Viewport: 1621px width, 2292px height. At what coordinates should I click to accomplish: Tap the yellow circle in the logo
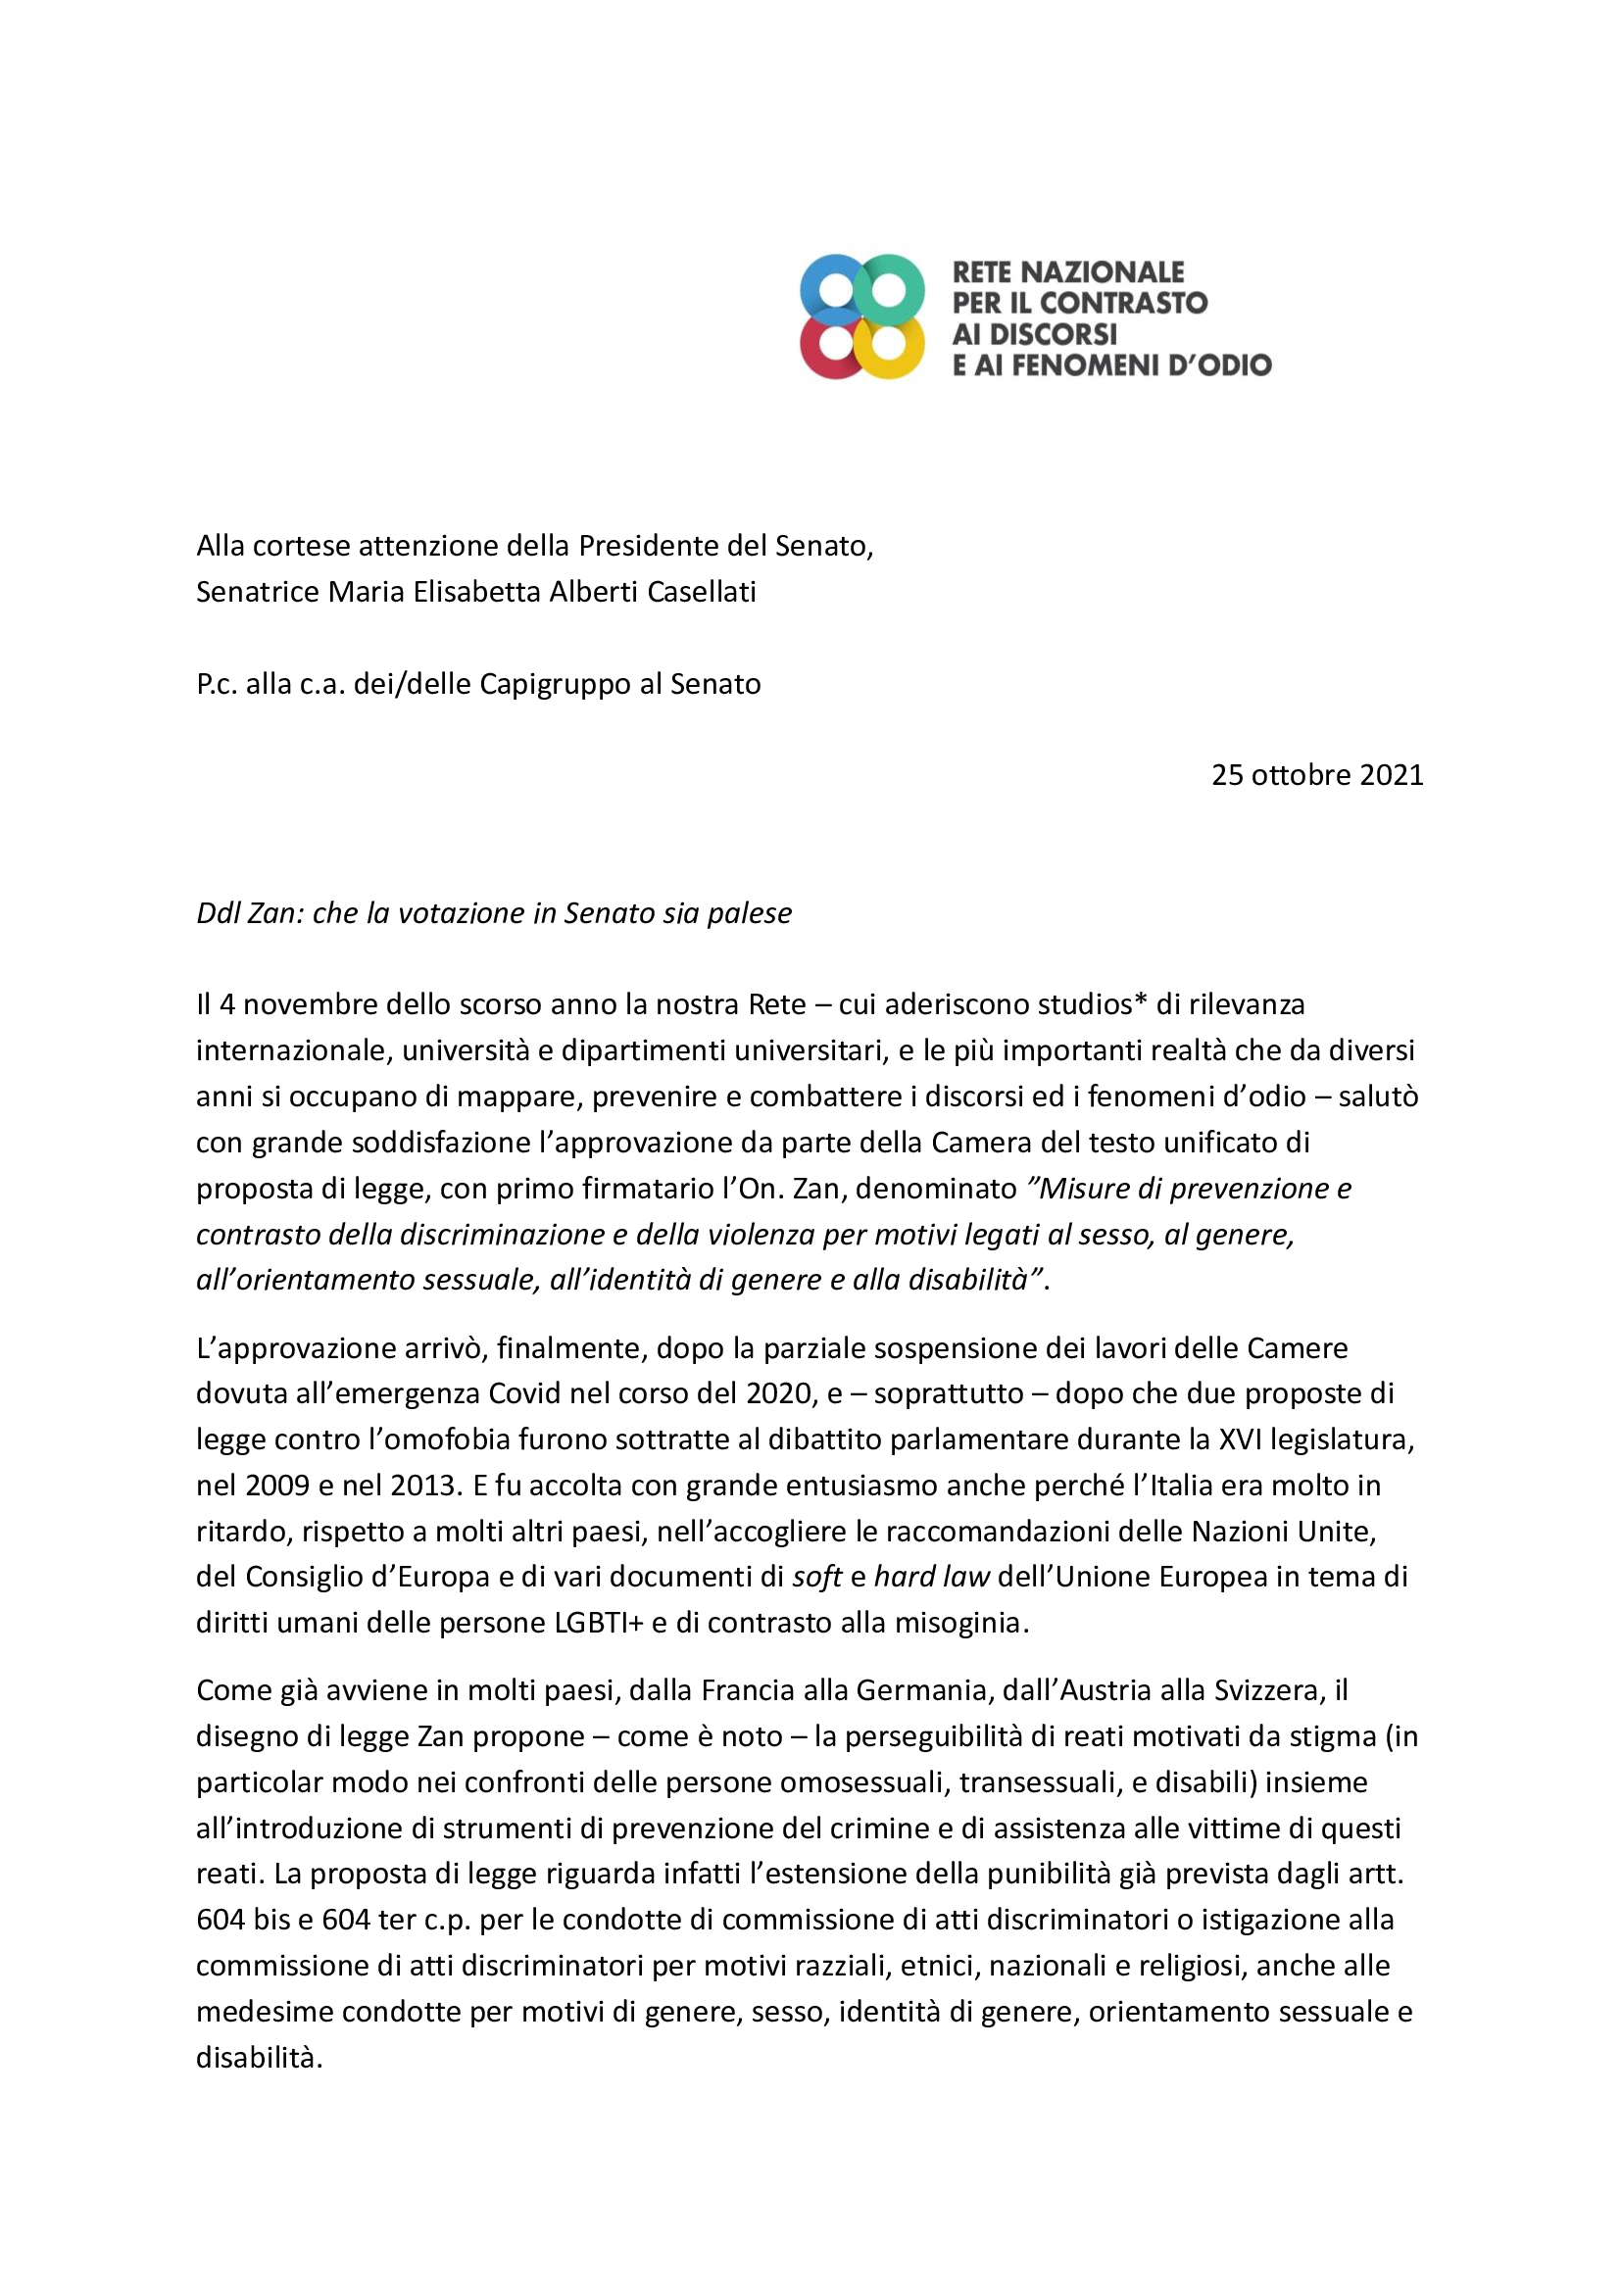pos(890,345)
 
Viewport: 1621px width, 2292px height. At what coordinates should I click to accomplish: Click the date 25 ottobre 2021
pos(1316,775)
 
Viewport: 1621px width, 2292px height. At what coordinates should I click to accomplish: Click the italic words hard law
pos(931,1578)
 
